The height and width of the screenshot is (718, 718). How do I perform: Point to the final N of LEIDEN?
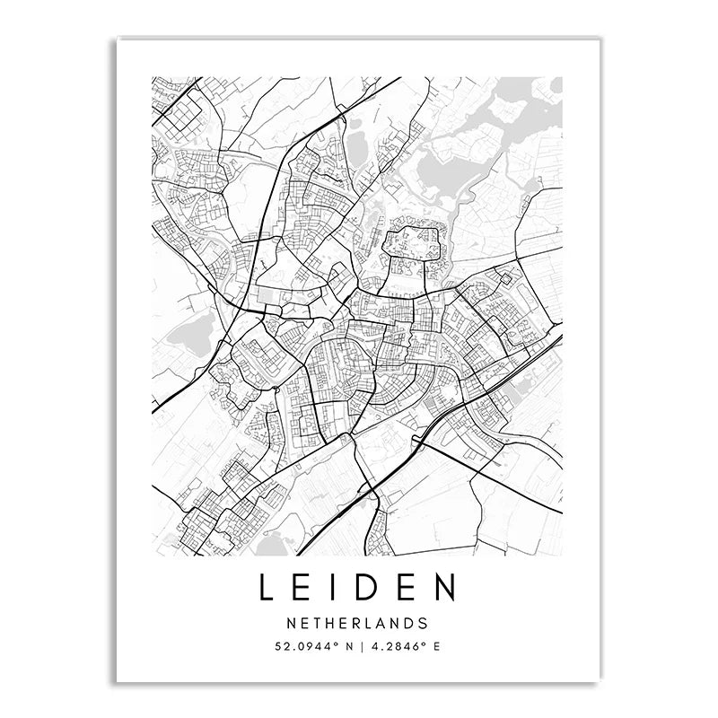point(444,588)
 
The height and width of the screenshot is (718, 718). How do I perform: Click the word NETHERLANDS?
point(357,622)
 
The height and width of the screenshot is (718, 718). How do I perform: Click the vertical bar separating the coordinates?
point(358,645)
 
